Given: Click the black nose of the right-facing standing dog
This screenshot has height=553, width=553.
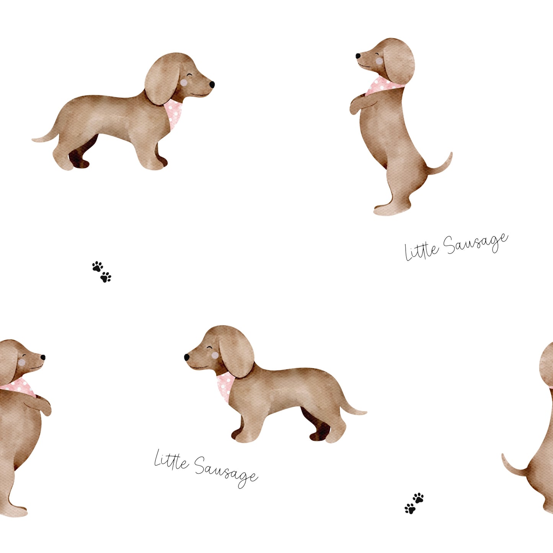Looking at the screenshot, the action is (x=212, y=84).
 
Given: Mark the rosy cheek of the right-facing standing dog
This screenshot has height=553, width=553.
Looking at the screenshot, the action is (x=184, y=83).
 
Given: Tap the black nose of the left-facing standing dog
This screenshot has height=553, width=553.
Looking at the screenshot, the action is (x=187, y=357).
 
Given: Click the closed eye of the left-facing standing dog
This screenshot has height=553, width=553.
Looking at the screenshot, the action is (x=210, y=347).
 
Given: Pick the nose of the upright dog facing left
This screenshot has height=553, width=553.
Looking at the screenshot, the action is (x=358, y=55).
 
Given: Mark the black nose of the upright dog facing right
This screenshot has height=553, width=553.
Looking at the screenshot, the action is (x=43, y=357).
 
